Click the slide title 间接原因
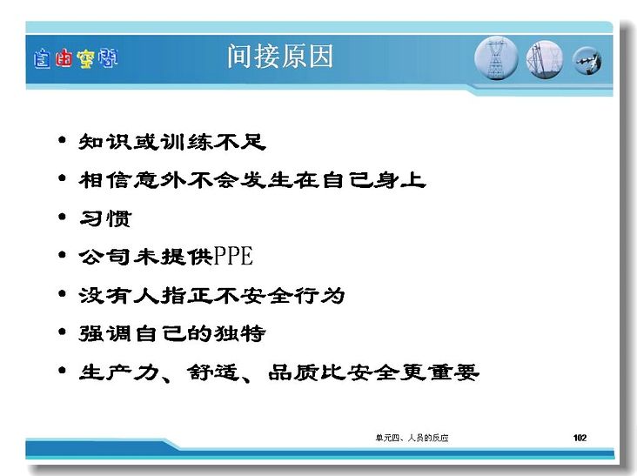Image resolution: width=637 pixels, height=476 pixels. pos(280,56)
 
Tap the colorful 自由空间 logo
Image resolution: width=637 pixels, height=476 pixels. pos(76,58)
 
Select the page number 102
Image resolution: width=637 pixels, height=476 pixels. pos(580,438)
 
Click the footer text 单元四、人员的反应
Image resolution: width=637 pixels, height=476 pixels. pos(412,438)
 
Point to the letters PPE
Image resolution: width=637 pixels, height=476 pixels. pos(233,256)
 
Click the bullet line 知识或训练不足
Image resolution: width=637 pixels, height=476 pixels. pos(172,142)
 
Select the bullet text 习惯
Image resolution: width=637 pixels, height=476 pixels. pos(105,218)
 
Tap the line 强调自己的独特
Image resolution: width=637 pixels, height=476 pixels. pos(172,333)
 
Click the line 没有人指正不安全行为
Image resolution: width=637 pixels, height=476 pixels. pos(211,295)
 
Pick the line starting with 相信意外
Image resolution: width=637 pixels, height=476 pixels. pos(252,180)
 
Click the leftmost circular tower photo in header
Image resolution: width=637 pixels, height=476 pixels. pos(496,58)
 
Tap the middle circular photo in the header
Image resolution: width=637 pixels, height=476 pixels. pos(545,60)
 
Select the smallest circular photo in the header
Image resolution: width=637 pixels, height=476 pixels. pos(587,61)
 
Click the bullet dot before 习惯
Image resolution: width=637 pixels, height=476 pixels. pos(62,217)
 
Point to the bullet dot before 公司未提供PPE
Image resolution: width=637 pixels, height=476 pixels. pos(62,255)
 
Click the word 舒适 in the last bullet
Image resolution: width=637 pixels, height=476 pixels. pos(213,372)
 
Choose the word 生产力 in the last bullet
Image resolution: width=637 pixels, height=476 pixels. pos(119,372)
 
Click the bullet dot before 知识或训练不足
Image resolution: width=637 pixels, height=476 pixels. pos(62,140)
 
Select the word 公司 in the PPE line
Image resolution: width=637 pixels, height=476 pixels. pos(104,257)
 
